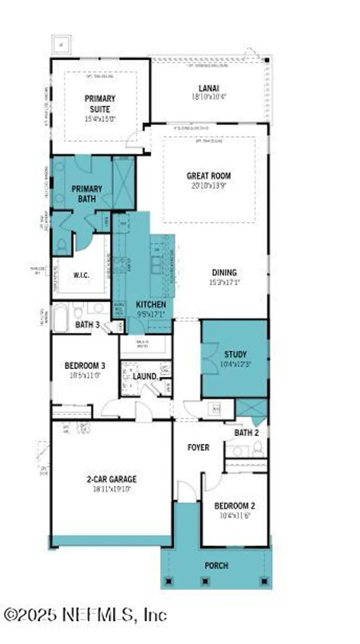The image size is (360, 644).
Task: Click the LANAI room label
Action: point(209,88)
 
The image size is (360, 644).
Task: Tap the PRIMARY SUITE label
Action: point(100,103)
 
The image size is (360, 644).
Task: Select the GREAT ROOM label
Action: point(209,176)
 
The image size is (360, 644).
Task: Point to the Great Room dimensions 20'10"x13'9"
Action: point(209,186)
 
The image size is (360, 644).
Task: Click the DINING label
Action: point(224,273)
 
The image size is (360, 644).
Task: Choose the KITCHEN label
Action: point(151,304)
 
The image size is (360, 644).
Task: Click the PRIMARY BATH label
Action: point(87,194)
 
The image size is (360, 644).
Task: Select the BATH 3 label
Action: point(87,325)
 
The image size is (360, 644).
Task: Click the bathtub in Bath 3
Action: point(60,318)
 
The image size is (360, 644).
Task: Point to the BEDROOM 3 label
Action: point(85,366)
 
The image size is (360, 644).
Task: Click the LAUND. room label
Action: point(145,376)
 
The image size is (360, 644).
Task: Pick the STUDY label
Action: point(236,354)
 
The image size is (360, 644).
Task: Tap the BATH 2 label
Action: point(246,433)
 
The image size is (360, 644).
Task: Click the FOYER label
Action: point(198,447)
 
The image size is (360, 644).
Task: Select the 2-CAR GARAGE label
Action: point(112,480)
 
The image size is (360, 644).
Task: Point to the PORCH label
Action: point(216,565)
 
